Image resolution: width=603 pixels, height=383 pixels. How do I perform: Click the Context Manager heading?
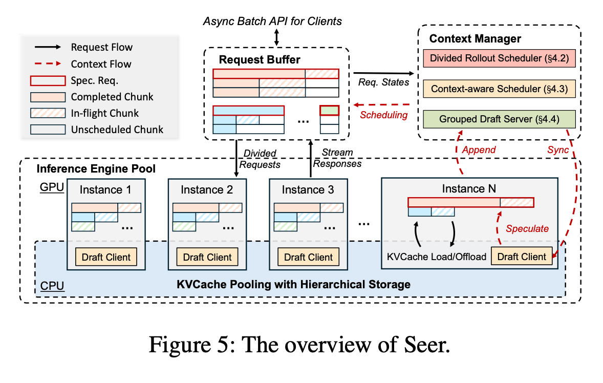tap(475, 39)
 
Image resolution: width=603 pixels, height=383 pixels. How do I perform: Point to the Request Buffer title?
tap(260, 60)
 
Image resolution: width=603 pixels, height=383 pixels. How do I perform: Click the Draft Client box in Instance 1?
tap(106, 257)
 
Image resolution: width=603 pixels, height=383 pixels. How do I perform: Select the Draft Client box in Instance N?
tap(522, 257)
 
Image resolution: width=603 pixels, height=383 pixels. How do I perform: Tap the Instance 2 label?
tap(207, 190)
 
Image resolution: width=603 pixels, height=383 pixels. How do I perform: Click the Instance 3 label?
tap(308, 190)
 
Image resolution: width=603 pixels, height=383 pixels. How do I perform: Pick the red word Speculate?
tap(527, 229)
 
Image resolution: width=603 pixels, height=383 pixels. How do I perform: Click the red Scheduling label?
tap(383, 115)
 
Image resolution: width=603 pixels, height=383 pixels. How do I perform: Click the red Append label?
tap(479, 150)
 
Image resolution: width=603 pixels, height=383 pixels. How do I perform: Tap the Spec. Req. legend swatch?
tap(48, 80)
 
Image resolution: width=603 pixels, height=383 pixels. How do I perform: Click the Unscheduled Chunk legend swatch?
tap(48, 130)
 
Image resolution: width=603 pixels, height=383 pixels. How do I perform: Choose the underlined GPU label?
tap(52, 187)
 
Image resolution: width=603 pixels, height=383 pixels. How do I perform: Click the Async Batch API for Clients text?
tap(272, 22)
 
